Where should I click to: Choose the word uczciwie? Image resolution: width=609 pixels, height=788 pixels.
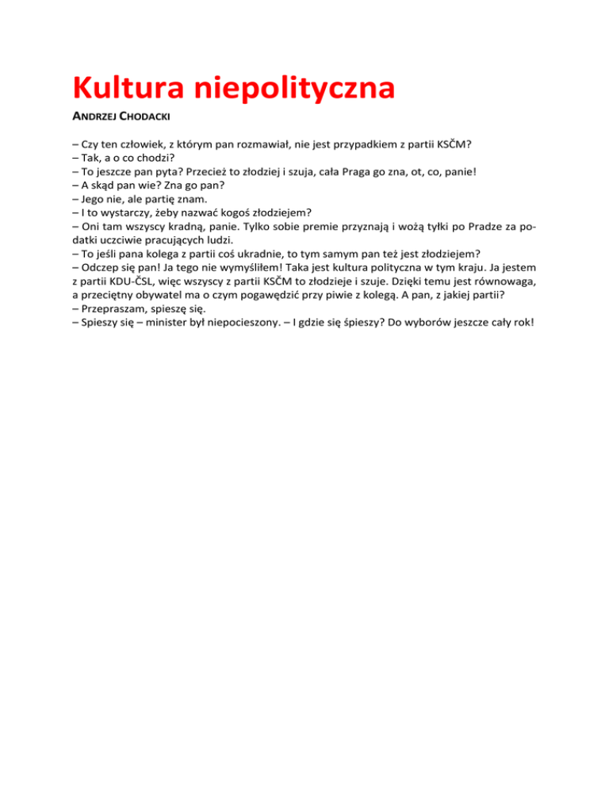pyautogui.click(x=125, y=240)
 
